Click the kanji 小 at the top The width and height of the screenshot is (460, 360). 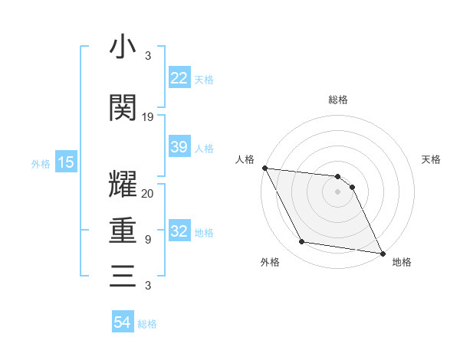[x=123, y=47]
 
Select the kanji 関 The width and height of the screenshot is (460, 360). [x=123, y=108]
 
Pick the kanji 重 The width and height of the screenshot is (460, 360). [x=123, y=230]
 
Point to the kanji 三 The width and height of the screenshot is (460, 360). [x=123, y=275]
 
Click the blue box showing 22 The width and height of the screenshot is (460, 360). [x=179, y=78]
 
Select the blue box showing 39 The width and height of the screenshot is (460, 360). [x=179, y=147]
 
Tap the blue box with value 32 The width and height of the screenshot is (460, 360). [x=179, y=232]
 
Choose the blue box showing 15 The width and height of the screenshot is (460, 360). [x=66, y=162]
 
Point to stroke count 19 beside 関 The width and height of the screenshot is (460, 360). [x=148, y=117]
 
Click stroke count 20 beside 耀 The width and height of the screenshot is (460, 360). [x=148, y=193]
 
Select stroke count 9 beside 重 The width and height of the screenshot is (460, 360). [x=148, y=239]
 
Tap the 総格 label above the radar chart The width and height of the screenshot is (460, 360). [x=338, y=100]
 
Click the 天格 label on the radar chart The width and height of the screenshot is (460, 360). [x=432, y=159]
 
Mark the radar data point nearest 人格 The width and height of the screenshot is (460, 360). [x=264, y=168]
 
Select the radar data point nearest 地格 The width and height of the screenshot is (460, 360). [x=382, y=253]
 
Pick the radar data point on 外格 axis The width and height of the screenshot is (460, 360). [x=302, y=243]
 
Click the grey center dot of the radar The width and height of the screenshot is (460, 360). [x=338, y=191]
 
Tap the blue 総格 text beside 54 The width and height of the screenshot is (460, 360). [x=147, y=323]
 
